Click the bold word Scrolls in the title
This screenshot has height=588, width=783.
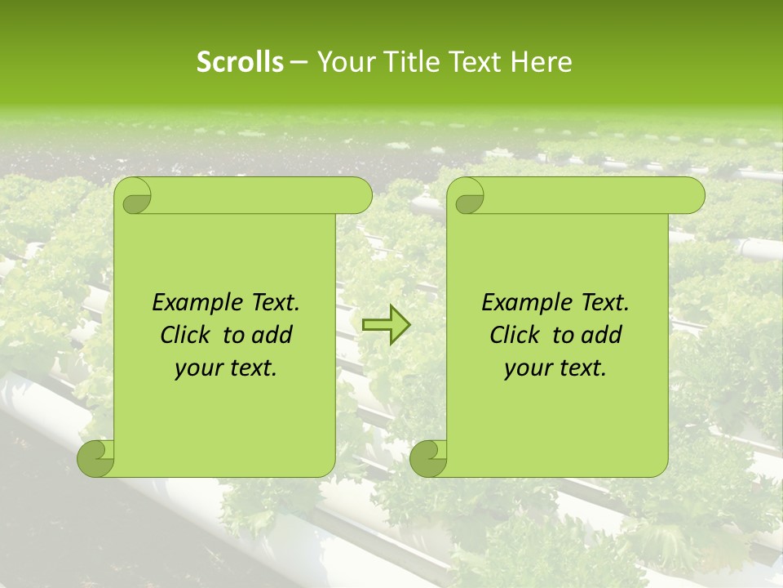click(240, 62)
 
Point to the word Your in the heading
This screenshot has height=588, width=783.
click(343, 62)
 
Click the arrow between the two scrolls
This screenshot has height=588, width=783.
click(387, 326)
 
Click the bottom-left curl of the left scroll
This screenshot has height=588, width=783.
click(96, 458)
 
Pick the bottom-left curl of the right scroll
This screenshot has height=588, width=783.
click(429, 458)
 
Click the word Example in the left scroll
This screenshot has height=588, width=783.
click(194, 303)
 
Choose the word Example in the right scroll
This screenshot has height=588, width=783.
click(524, 303)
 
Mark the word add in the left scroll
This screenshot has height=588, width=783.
click(273, 335)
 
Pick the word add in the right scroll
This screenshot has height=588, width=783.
click(603, 335)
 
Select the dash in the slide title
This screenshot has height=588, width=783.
click(299, 62)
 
